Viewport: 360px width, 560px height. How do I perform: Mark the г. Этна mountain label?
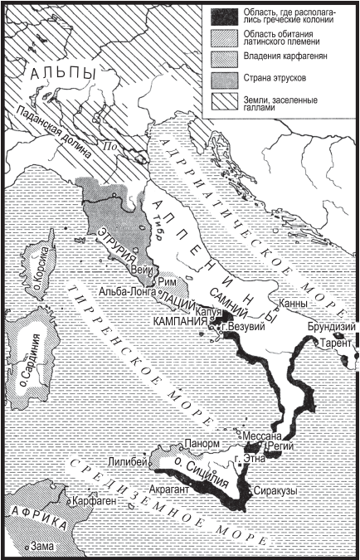pyautogui.click(x=250, y=459)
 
